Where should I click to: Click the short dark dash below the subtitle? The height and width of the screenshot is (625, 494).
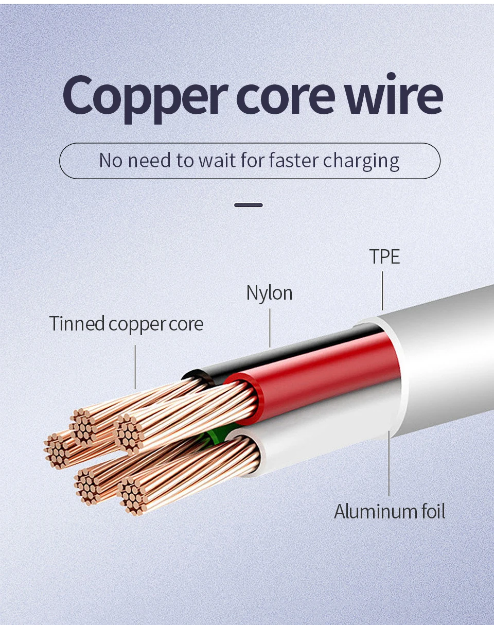point(249,205)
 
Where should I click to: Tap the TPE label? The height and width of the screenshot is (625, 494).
point(384,256)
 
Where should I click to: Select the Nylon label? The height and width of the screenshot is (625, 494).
point(269,293)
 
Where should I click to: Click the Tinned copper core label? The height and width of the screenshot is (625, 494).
point(126,324)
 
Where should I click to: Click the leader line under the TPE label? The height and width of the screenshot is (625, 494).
point(382,291)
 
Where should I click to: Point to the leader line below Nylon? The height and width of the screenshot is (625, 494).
point(270,328)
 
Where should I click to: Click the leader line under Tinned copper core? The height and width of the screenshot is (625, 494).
point(135,367)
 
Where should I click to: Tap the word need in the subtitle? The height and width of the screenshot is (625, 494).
point(149,160)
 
